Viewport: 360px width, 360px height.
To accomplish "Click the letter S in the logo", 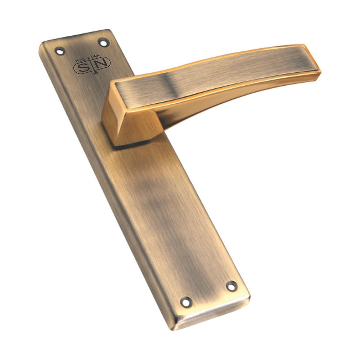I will tap(82, 67).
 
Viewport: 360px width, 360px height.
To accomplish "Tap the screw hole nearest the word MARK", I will tap(103, 43).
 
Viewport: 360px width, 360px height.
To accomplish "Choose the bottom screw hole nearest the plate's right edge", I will tap(231, 286).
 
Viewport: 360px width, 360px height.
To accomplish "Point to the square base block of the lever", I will tap(130, 126).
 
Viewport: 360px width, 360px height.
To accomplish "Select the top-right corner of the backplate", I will tap(108, 31).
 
